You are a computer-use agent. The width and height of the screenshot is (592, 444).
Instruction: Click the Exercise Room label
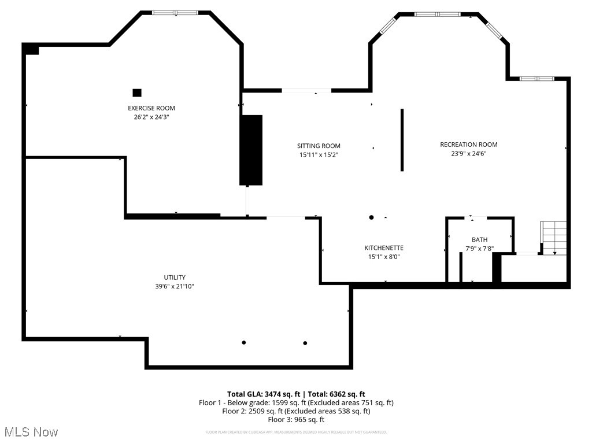pos(151,108)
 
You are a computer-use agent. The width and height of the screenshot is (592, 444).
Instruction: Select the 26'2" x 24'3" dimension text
pos(151,117)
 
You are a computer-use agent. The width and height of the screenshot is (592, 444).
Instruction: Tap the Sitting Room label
pos(319,146)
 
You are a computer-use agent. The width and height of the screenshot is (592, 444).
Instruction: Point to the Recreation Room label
pos(468,145)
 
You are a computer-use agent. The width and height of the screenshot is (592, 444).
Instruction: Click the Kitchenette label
pos(383,248)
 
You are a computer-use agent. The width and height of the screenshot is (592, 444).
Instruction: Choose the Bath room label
pos(479,239)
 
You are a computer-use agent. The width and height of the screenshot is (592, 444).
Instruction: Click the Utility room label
pos(174,277)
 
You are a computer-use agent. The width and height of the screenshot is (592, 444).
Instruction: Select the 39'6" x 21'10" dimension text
pos(174,286)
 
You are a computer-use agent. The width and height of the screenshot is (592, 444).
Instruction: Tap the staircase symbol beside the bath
pos(554,237)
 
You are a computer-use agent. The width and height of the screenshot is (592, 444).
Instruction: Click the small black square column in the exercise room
pos(137,92)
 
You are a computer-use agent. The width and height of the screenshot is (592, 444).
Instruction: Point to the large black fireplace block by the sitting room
pos(251,150)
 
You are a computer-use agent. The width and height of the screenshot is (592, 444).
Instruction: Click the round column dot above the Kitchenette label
pos(371,217)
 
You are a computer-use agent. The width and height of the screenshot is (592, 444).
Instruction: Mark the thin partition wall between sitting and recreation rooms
pos(402,140)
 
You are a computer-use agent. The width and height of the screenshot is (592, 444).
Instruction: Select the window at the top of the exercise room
pos(175,12)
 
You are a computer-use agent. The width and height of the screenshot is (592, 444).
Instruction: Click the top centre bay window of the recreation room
pos(438,14)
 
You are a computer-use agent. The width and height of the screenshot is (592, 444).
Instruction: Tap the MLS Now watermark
pos(31,432)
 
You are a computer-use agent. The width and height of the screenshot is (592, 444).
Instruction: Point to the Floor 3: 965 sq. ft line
pos(296,420)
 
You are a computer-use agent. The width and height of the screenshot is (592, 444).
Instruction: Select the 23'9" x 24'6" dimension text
pos(468,154)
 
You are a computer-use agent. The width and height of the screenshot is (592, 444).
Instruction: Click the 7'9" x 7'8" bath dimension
pos(479,249)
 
